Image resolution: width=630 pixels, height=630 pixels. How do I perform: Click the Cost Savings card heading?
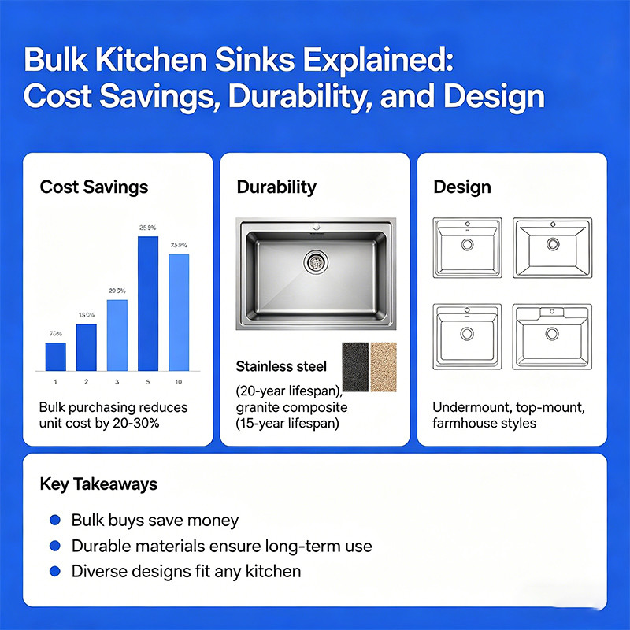(x=94, y=187)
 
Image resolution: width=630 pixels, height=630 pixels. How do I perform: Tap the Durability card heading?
(x=276, y=187)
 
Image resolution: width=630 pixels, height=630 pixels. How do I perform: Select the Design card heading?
(x=462, y=187)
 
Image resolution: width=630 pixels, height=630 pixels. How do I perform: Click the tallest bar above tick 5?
(x=148, y=303)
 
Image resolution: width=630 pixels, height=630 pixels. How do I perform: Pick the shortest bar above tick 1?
(x=56, y=357)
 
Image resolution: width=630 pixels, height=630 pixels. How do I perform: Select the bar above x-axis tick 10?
(x=179, y=312)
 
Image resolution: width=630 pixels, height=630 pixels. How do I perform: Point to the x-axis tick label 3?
(x=117, y=382)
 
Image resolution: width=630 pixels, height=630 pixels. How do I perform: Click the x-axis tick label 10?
(x=179, y=382)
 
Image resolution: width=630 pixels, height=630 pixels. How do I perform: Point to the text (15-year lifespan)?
(x=287, y=424)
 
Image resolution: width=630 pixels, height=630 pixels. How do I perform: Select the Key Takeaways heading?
(x=98, y=484)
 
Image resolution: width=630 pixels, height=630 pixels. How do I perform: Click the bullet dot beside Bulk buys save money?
(x=54, y=521)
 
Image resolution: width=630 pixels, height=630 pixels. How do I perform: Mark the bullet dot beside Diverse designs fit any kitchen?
(x=54, y=571)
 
